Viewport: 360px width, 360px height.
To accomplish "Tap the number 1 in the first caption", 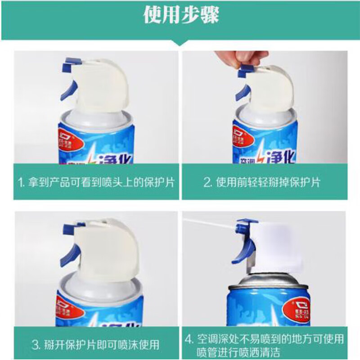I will pyautogui.click(x=20, y=183).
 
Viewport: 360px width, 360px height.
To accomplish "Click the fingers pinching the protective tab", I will pyautogui.click(x=245, y=57).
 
